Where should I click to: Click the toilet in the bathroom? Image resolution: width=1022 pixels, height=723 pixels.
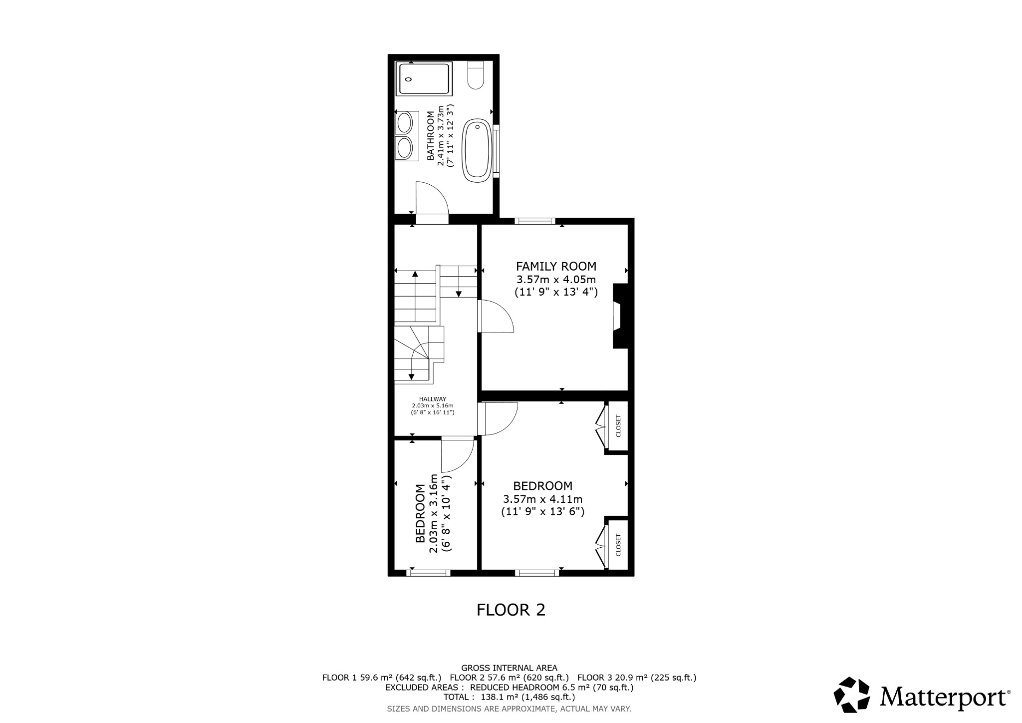pos(476,76)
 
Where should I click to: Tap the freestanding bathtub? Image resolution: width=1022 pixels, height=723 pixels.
pos(477,150)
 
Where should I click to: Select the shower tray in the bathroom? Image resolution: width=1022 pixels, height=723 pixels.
pos(424,79)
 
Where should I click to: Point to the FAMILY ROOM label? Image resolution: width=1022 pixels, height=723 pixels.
pos(556,266)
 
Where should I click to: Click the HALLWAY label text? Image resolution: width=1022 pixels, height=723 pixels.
pos(432,399)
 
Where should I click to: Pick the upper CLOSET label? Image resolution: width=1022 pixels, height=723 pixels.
pos(618,426)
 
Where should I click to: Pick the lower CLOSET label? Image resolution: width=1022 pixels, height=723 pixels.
pos(618,545)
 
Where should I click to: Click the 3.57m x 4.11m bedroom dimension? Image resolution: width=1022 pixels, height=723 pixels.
pos(542,499)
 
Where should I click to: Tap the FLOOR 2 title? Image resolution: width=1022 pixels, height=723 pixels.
pos(511,610)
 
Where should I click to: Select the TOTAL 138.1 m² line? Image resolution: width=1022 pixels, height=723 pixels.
pos(509,697)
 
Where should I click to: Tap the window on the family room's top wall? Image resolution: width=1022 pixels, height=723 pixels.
pos(535,221)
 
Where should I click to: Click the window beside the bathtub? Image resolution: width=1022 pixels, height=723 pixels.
pos(496,150)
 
